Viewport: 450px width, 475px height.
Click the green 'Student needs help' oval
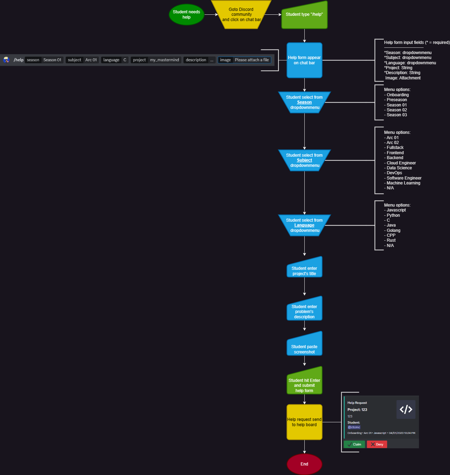186,15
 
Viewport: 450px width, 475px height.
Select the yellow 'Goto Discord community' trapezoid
241,15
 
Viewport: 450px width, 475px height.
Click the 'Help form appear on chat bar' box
304,60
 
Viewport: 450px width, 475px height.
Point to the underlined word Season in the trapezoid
304,103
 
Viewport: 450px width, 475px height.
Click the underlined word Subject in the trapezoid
304,160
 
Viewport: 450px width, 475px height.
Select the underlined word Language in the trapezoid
304,225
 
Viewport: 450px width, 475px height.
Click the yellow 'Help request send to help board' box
304,422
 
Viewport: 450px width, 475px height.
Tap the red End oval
304,464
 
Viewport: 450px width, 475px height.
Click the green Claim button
354,444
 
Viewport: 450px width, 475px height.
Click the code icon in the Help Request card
406,409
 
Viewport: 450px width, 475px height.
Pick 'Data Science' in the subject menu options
399,168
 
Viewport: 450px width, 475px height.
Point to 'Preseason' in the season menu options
397,100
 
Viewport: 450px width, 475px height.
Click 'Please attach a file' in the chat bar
252,60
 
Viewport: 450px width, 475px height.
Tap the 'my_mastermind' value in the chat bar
164,60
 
